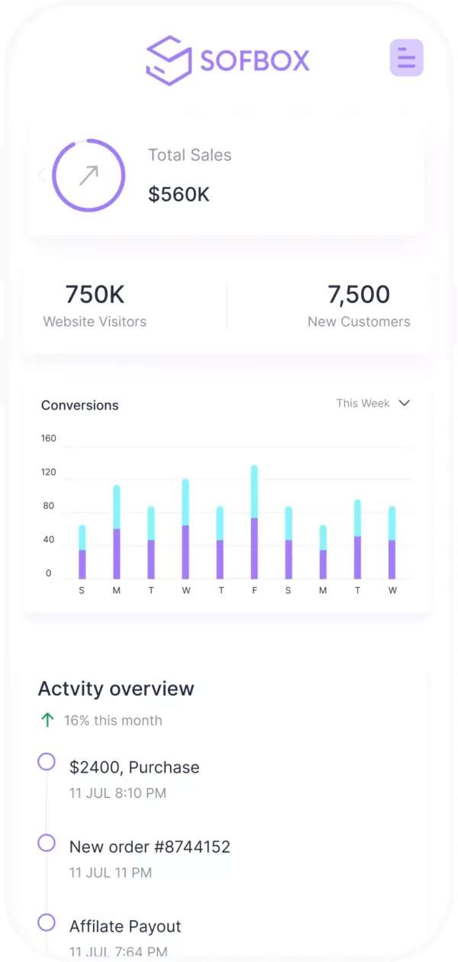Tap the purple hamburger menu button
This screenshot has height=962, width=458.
pos(406,57)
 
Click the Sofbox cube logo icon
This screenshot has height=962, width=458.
pos(169,60)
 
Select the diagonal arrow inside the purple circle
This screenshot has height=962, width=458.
pos(89,176)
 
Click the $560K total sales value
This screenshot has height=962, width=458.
pos(179,195)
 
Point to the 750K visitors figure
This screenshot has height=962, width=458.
pos(95,295)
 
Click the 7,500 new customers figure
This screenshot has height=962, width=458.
pos(359,295)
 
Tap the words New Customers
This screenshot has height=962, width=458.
pos(359,322)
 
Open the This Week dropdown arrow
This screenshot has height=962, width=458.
pos(405,403)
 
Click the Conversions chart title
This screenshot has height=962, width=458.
pos(80,405)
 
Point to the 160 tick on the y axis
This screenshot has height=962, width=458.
pos(49,438)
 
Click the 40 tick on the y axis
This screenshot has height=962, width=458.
pos(49,540)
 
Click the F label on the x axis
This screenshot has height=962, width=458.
pos(254,590)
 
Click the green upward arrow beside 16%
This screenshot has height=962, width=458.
pos(47,720)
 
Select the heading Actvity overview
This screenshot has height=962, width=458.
pos(116,689)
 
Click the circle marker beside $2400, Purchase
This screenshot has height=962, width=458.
pos(47,762)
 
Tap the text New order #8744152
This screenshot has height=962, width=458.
pos(150,847)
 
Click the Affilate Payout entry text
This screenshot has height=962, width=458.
pos(125,926)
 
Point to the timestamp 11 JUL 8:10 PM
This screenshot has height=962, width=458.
pos(118,793)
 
